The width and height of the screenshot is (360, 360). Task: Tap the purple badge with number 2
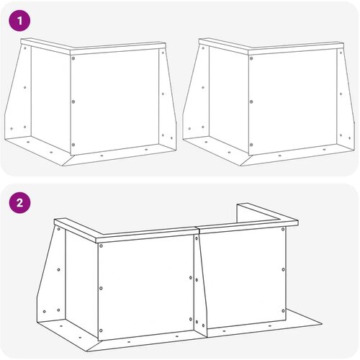coord(19,203)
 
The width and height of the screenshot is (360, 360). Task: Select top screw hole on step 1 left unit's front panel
coord(73,58)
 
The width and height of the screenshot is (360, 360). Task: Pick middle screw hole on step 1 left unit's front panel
coord(73,102)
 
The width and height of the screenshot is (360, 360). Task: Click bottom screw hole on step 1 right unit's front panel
coord(251,145)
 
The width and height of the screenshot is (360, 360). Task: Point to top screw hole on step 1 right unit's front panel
coord(251,58)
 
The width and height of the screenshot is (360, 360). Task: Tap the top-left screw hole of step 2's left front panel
coord(101,246)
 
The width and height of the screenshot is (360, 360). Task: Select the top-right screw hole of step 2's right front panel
coord(283,229)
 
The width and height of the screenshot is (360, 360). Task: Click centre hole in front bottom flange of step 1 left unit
coord(102,156)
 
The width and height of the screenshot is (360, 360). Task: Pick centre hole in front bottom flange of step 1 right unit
coord(279,156)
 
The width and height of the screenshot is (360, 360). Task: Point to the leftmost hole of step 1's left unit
coord(12,129)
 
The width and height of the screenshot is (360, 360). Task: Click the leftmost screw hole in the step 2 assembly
coord(45,312)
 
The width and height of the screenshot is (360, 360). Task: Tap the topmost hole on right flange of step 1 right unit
coord(341,52)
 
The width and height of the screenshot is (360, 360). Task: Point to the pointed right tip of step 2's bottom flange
coord(322,323)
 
